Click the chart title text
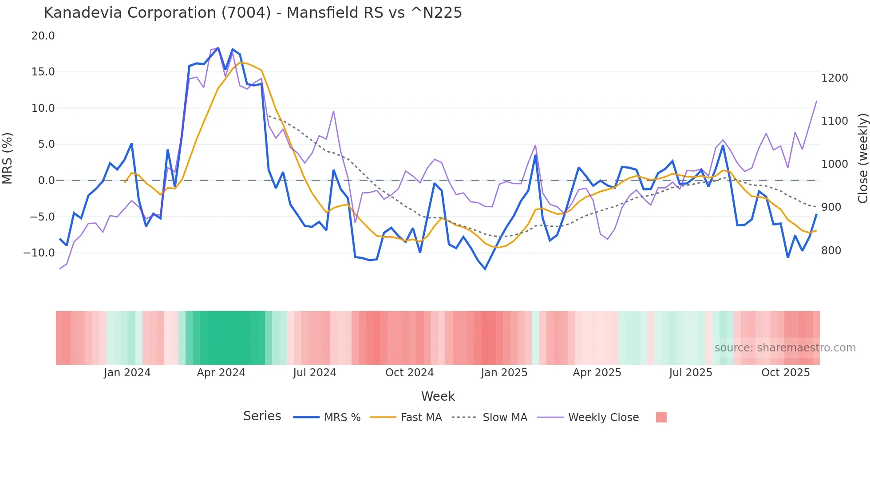[x=253, y=13]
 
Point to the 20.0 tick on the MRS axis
[x=43, y=36]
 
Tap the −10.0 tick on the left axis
[x=39, y=253]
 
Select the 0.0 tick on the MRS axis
[x=46, y=181]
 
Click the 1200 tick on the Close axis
[x=834, y=78]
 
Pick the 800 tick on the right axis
[x=831, y=251]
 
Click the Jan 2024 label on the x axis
[x=127, y=373]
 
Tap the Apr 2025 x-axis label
[x=597, y=373]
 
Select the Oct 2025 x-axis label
[x=785, y=373]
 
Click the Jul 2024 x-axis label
[x=314, y=373]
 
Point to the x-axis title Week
[x=438, y=396]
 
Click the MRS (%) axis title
[x=8, y=158]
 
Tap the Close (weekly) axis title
[x=862, y=158]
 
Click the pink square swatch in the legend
[x=661, y=417]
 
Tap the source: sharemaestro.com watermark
[x=785, y=348]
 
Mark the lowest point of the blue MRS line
[x=485, y=269]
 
